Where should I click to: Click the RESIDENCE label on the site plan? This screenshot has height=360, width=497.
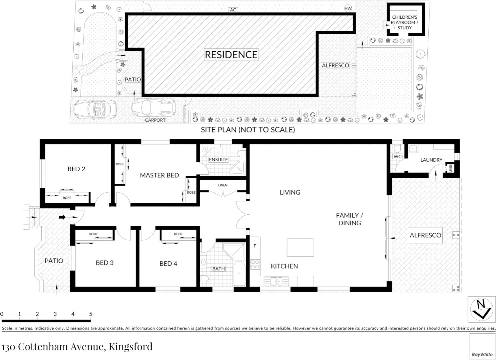[x=231, y=55]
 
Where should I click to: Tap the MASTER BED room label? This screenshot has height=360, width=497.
[x=159, y=175]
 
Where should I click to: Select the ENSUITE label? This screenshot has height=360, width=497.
[x=218, y=160]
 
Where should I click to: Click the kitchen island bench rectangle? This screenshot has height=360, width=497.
[x=300, y=247]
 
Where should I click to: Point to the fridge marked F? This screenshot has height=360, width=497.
[x=255, y=246]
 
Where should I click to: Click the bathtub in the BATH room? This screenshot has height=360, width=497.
[x=239, y=273]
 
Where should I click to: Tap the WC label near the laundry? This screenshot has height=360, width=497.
[x=397, y=156]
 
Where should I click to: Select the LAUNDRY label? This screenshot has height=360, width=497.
[x=431, y=160]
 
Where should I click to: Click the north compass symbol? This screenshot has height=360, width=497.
[x=481, y=309]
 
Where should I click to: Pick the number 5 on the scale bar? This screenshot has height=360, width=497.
[x=91, y=314]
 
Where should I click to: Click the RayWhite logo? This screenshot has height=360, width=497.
[x=482, y=354]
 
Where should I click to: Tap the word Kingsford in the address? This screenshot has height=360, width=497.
[x=131, y=347]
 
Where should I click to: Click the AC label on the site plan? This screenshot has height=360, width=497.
[x=233, y=10]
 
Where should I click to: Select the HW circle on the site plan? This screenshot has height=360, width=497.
[x=348, y=8]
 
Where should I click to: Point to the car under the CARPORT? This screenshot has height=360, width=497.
[x=153, y=107]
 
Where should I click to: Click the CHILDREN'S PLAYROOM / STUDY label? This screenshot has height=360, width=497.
[x=404, y=22]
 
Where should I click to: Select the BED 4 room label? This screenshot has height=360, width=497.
[x=168, y=264]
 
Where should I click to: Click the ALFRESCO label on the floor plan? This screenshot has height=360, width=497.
[x=425, y=235]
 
